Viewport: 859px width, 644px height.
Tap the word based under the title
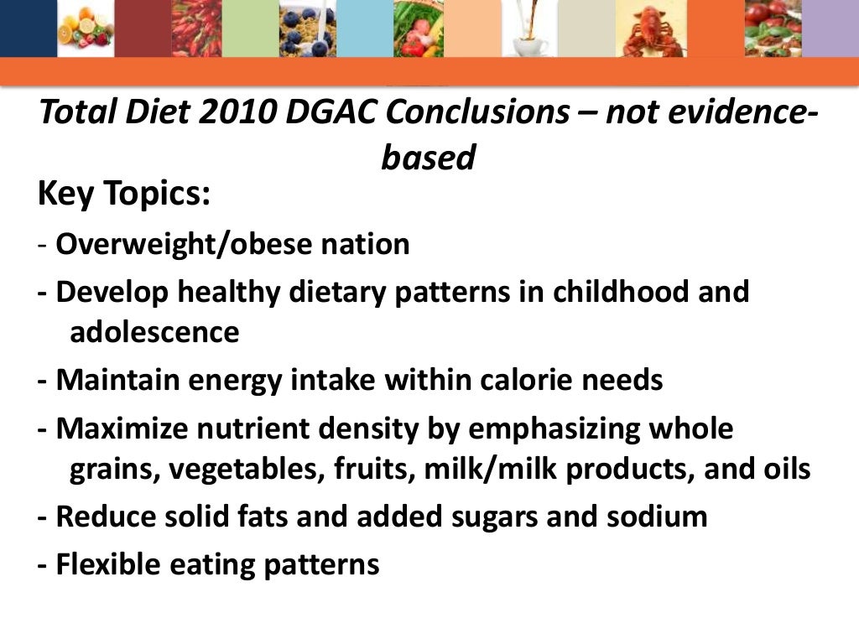pos(428,157)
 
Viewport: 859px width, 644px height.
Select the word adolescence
pos(154,332)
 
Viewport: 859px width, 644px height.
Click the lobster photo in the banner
pos(654,29)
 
